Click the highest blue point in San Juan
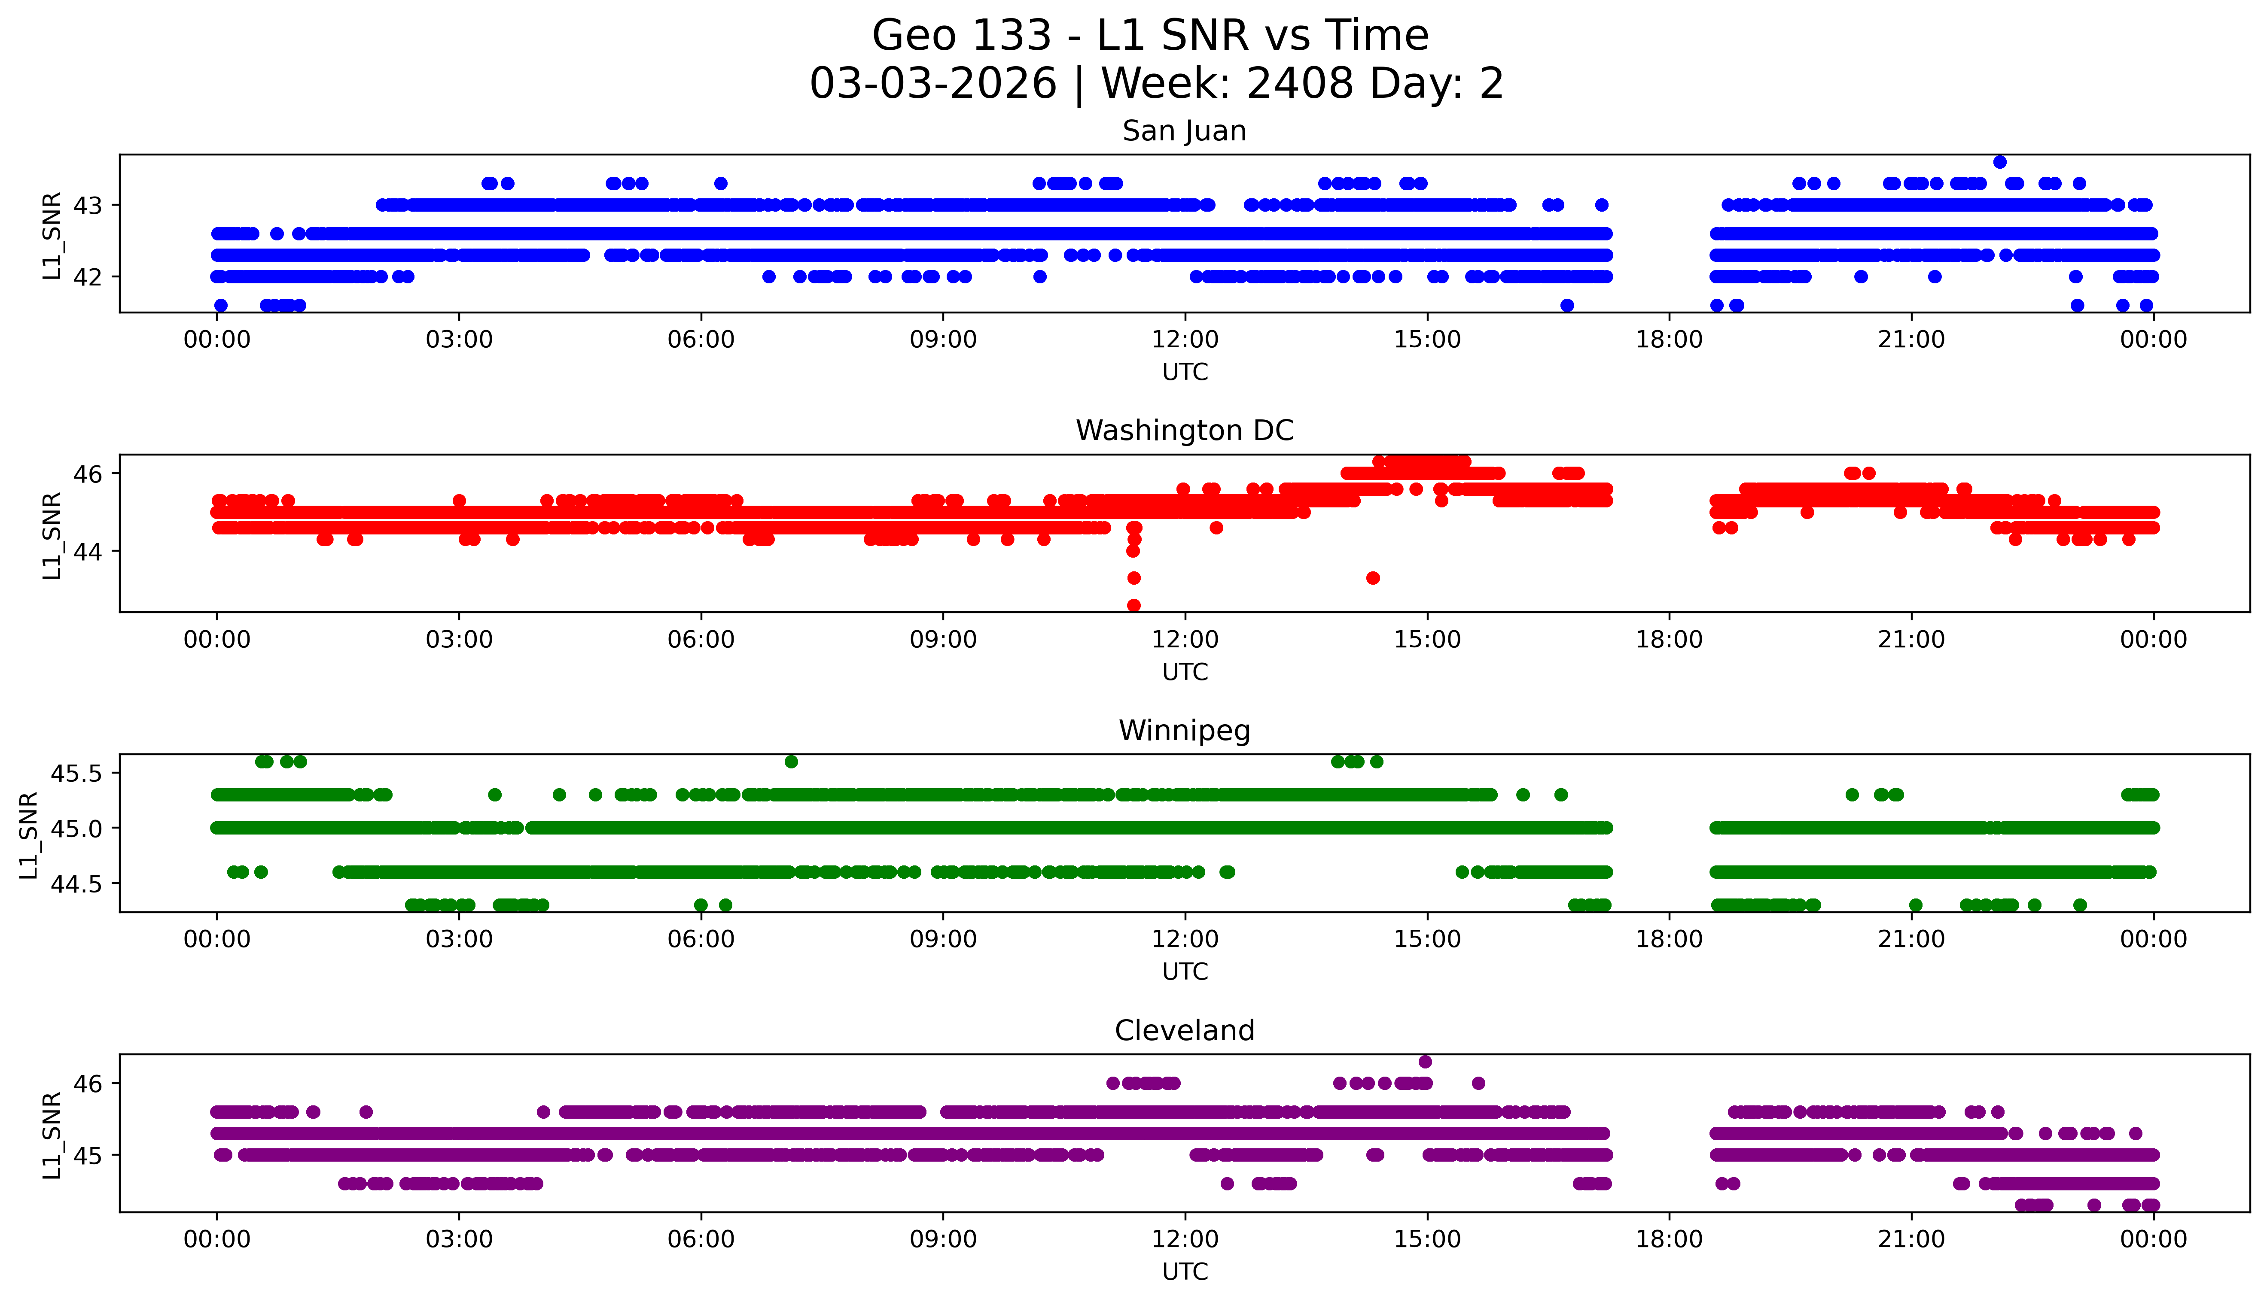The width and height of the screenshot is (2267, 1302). coord(1999,162)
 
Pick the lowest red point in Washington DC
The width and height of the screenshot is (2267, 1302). coord(1133,605)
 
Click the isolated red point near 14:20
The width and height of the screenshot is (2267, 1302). coord(1372,578)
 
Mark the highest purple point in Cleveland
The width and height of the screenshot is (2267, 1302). coord(1425,1062)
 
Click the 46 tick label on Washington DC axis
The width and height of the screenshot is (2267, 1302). coord(88,474)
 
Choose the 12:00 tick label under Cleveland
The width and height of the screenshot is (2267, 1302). coord(1185,1239)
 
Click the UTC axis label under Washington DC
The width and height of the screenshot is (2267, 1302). coord(1185,671)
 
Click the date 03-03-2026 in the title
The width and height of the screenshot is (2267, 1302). coord(933,84)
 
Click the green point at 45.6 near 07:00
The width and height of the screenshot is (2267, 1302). coord(791,762)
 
